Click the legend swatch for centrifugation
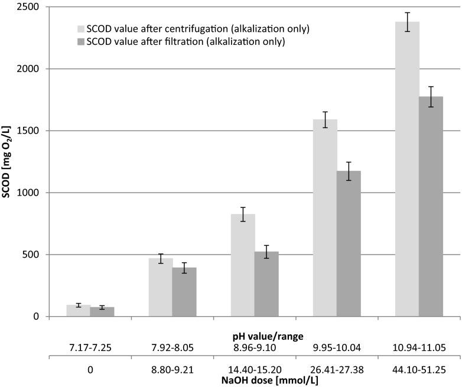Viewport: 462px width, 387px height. tap(81, 28)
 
